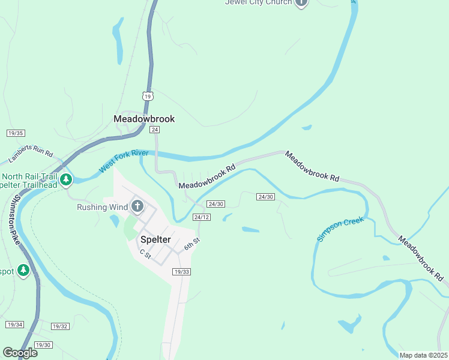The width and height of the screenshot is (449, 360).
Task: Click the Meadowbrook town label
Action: pos(144,119)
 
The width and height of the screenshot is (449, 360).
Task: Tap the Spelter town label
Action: pos(155,239)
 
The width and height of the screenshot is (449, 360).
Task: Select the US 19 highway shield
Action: pos(148,96)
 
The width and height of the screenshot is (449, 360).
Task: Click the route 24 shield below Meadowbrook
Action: pos(155,130)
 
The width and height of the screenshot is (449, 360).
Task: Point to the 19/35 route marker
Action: pos(16,133)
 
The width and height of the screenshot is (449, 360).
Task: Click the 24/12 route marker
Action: pos(202,217)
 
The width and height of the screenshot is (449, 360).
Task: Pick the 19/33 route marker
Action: pos(181,272)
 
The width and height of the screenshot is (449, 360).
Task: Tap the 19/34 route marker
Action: pos(14,325)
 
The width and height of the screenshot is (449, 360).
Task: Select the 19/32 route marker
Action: pos(60,326)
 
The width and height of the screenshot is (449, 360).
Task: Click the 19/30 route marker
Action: pos(43,344)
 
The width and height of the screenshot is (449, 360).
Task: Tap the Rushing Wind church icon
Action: pos(137,207)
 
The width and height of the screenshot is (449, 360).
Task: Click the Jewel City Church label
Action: pos(258,2)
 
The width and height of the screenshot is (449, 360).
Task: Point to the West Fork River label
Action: pos(123,162)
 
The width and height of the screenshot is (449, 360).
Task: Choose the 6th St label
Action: pos(191,244)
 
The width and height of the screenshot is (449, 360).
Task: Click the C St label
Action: pos(145,254)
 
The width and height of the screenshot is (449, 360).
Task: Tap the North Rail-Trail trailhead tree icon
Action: pos(66,179)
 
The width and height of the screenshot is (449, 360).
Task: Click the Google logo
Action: pos(20,353)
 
